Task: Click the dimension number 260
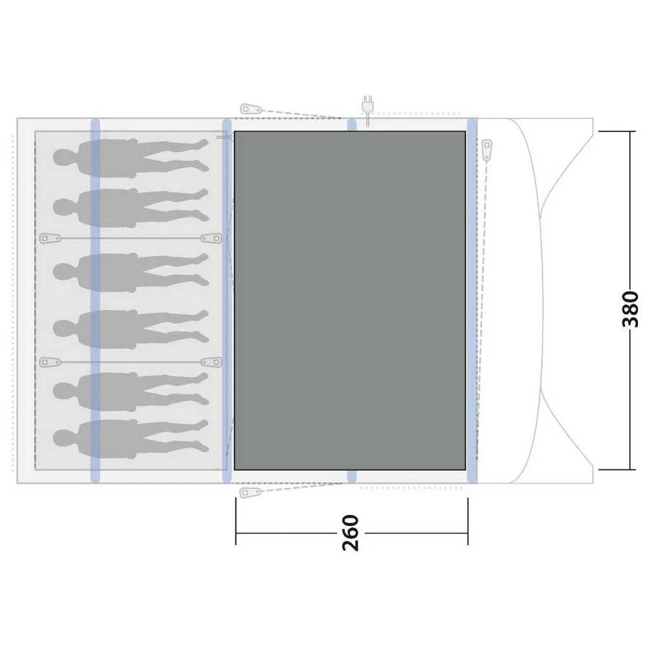pos(350,533)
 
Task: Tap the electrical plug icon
pos(367,105)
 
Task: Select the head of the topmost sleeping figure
pos(63,157)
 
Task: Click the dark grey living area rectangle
pos(349,300)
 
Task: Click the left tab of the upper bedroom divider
pos(48,238)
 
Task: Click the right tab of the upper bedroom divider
pos(210,238)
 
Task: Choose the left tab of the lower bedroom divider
pos(48,362)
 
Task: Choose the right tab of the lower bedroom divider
pos(210,362)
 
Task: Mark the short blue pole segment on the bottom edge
pos(352,476)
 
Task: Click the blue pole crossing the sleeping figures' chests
pos(95,300)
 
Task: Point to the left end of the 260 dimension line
pos(236,534)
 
